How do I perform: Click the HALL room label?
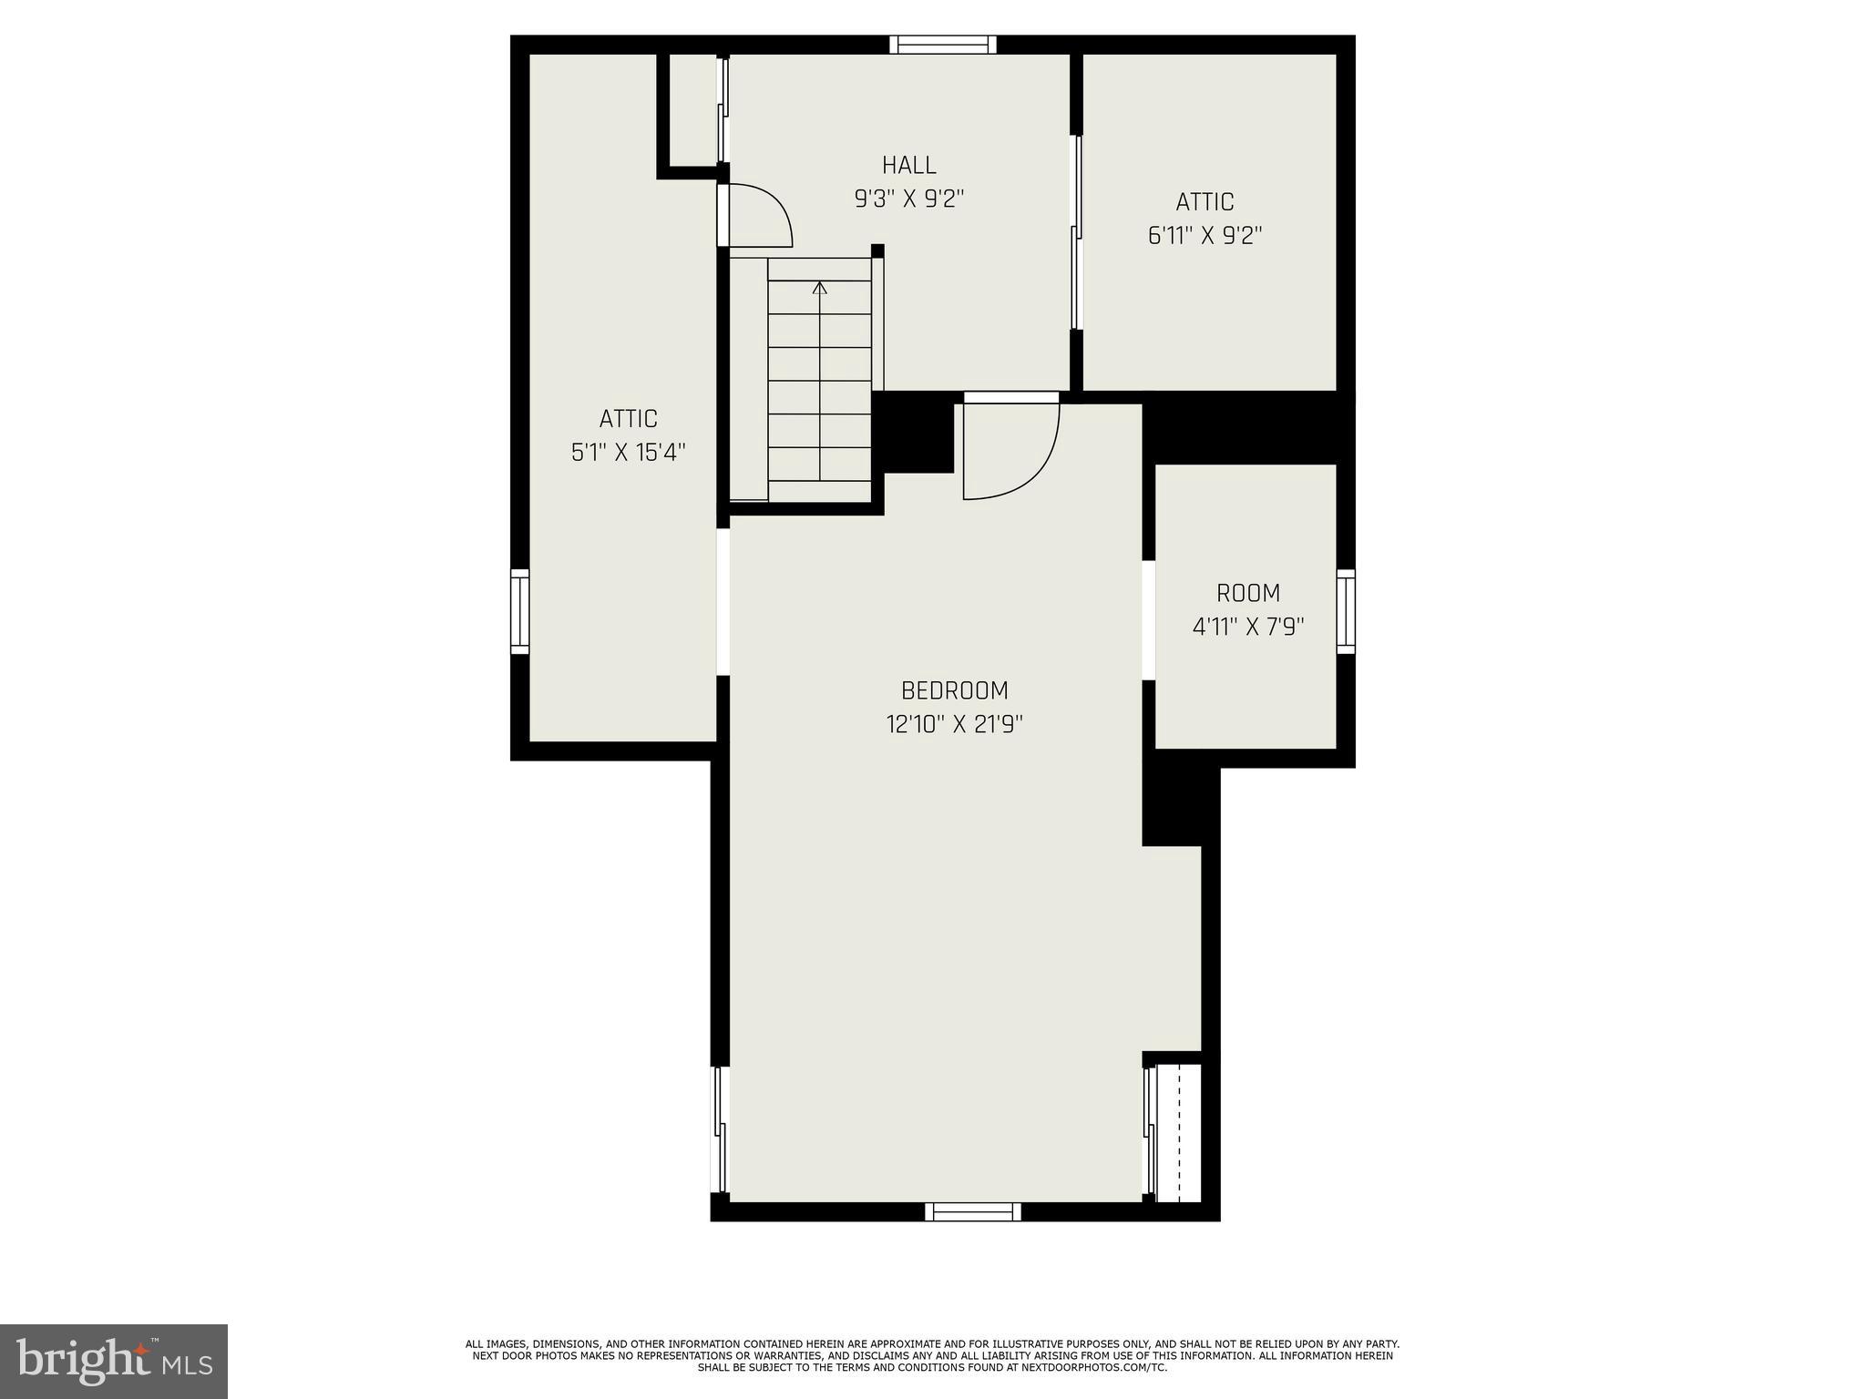point(908,165)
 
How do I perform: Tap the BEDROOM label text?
point(954,690)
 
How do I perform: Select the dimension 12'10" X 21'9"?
point(954,725)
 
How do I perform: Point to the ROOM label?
point(1248,593)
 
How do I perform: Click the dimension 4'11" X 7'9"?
point(1248,628)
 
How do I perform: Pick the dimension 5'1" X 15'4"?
point(628,453)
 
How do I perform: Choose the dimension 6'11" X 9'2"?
point(1205,236)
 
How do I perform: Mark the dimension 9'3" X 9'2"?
point(908,199)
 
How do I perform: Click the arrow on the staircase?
point(820,289)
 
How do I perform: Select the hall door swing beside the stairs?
point(759,216)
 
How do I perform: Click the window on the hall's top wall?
point(942,45)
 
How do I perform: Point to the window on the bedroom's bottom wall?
point(972,1211)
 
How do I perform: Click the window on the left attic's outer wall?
point(519,611)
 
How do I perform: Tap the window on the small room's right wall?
point(1346,611)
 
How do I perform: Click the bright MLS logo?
point(114,1362)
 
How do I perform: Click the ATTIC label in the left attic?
point(628,419)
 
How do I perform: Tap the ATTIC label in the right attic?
point(1205,201)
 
